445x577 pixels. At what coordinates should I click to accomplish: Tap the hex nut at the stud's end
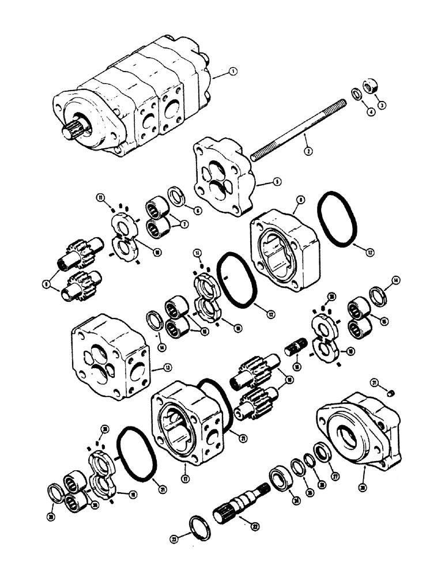click(x=371, y=86)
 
